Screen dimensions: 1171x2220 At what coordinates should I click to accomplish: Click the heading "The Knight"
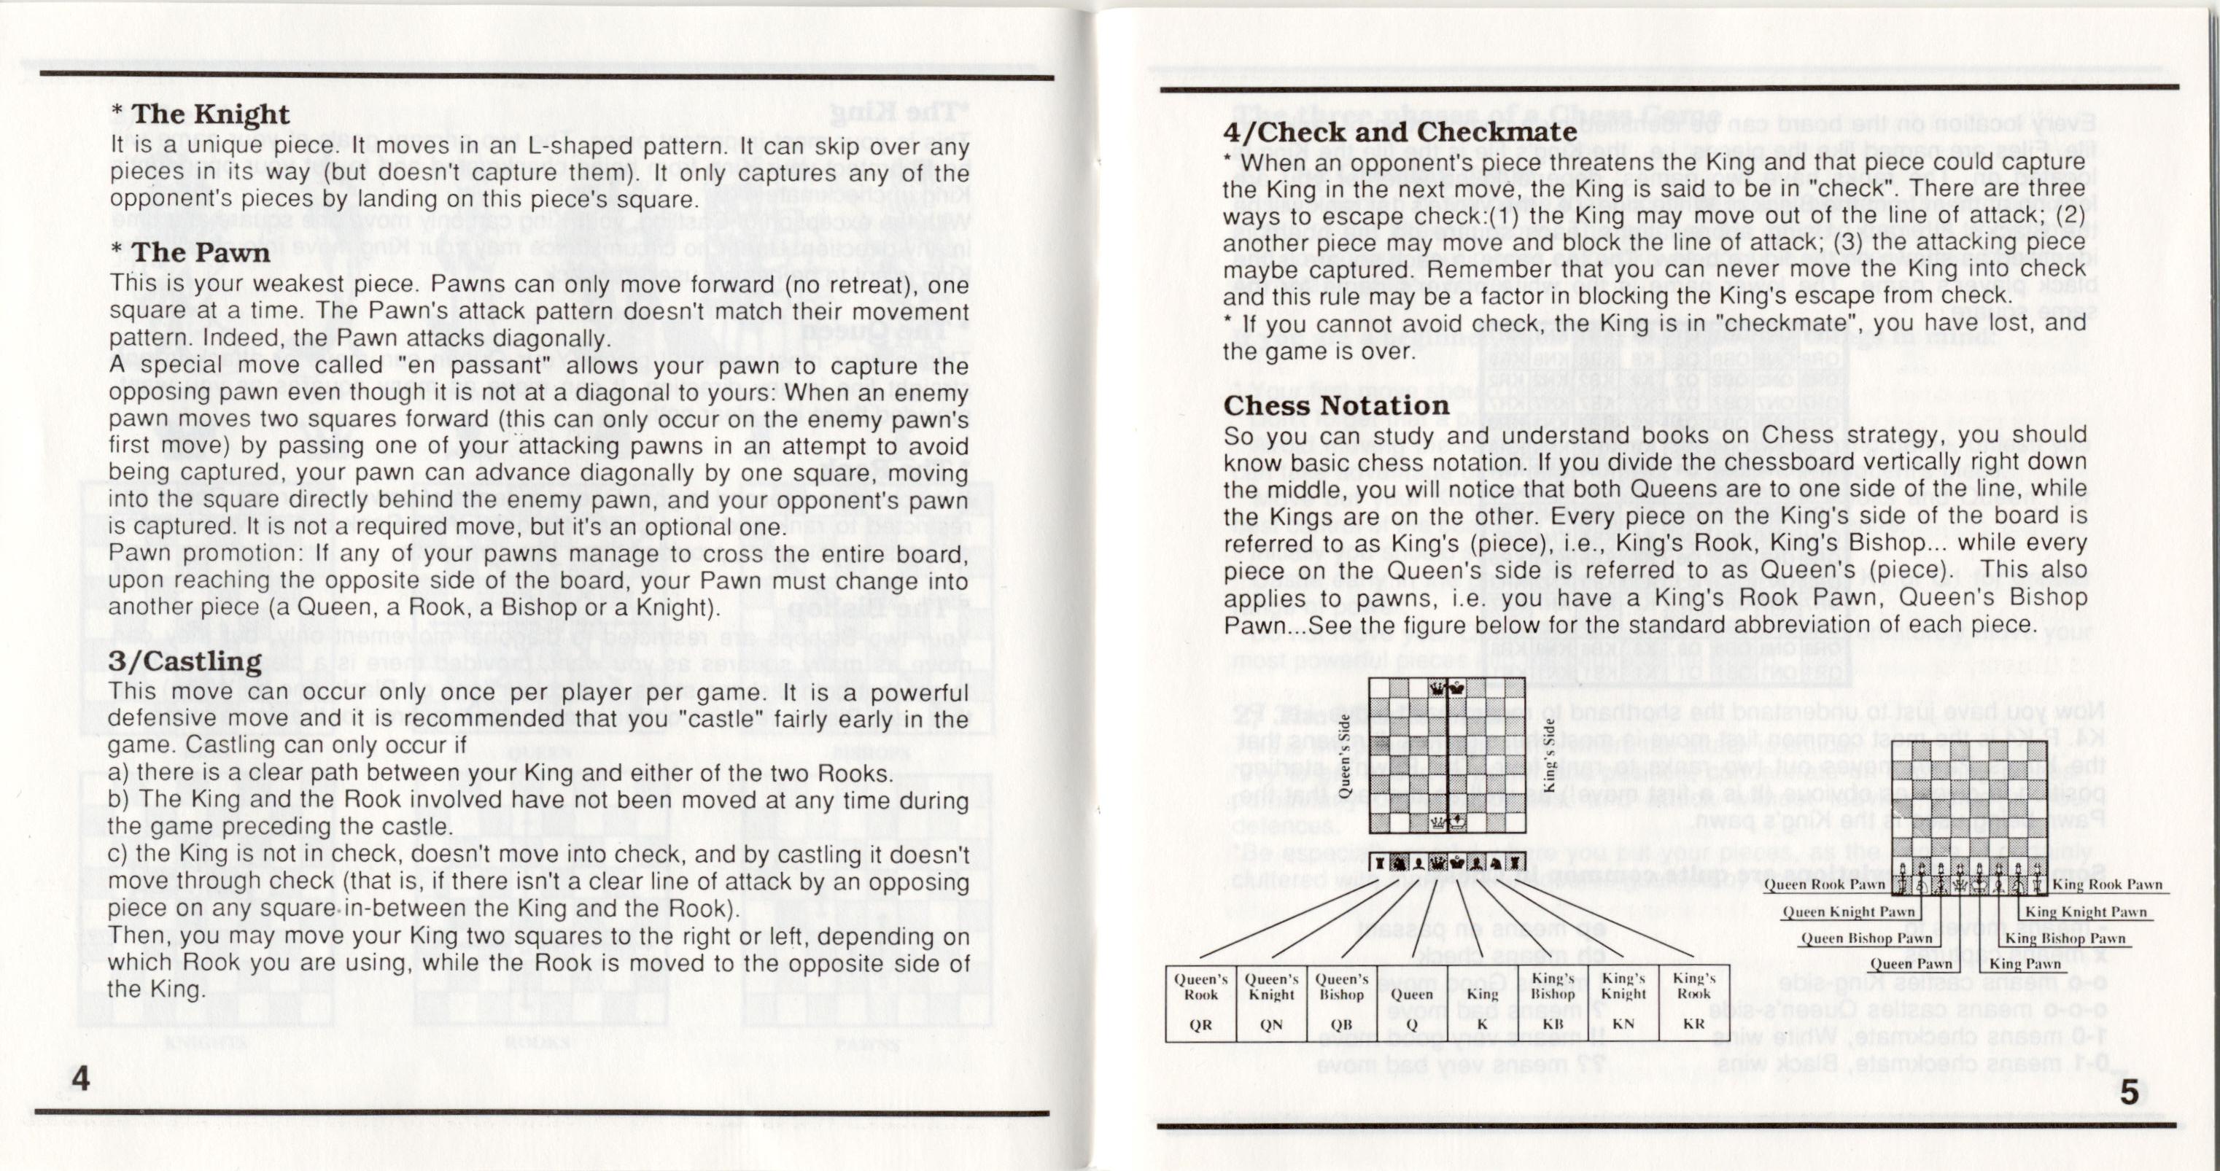pyautogui.click(x=210, y=114)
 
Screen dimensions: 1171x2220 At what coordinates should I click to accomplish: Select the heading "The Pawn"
pyautogui.click(x=200, y=252)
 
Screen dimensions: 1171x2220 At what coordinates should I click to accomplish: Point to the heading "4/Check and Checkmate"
pyautogui.click(x=1400, y=132)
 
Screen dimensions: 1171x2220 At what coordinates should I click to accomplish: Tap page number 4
pyautogui.click(x=80, y=1078)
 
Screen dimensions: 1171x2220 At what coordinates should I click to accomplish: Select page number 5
pyautogui.click(x=2130, y=1092)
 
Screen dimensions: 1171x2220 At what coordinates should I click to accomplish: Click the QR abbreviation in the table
pyautogui.click(x=1200, y=1024)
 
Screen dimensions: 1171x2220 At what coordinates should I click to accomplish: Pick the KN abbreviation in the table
pyautogui.click(x=1623, y=1024)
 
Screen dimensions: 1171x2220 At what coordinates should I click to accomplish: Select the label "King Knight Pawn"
pyautogui.click(x=2086, y=911)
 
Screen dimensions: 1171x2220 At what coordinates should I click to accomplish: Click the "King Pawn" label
pyautogui.click(x=2025, y=963)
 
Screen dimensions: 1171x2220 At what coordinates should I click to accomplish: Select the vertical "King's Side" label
pyautogui.click(x=1548, y=755)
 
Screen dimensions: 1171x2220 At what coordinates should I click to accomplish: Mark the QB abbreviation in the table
pyautogui.click(x=1342, y=1024)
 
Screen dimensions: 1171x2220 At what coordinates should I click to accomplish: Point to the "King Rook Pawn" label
pyautogui.click(x=2106, y=884)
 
